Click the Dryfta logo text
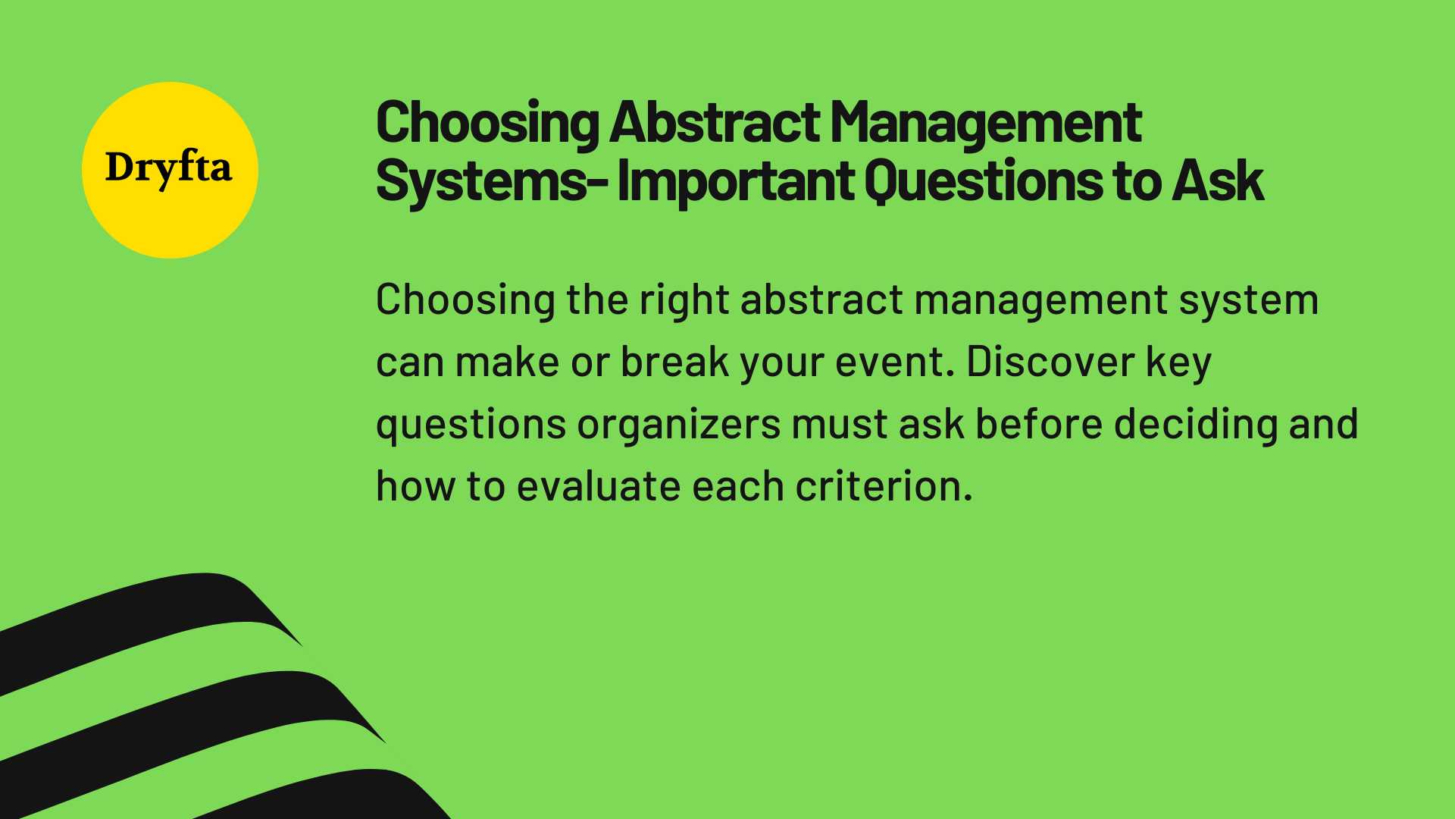(x=168, y=168)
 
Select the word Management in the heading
(x=986, y=122)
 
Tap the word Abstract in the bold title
(x=714, y=122)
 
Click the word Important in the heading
(x=736, y=181)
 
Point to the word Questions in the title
(x=983, y=181)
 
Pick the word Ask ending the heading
(x=1218, y=181)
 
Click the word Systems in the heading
(x=481, y=181)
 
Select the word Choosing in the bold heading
(x=487, y=122)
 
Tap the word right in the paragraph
(x=684, y=300)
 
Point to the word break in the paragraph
(x=674, y=362)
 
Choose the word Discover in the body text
(x=1050, y=362)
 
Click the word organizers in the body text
(x=678, y=425)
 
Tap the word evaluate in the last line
(x=598, y=487)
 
